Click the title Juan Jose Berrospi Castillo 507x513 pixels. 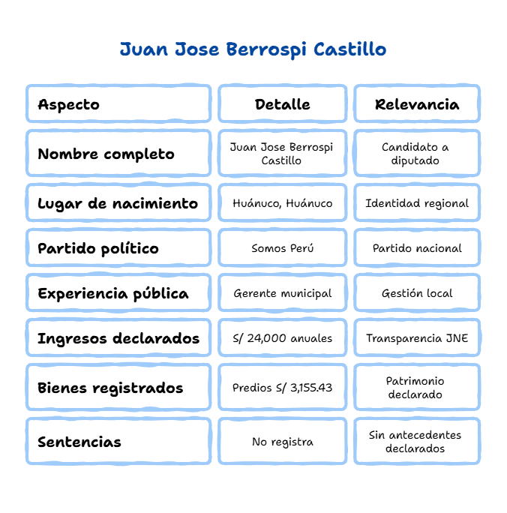(x=253, y=50)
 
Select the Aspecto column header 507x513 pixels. (x=69, y=104)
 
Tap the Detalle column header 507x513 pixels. (x=282, y=104)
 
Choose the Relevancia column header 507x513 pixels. (x=417, y=104)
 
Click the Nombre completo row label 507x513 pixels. (x=106, y=154)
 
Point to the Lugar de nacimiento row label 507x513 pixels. (x=118, y=203)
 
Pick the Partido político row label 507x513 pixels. (x=98, y=248)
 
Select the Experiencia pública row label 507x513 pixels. (x=113, y=293)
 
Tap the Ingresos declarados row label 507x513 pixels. (x=118, y=338)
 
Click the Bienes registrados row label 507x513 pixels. (x=110, y=388)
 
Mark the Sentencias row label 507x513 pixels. (x=79, y=442)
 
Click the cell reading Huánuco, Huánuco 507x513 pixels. (x=282, y=203)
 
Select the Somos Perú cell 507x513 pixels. (x=282, y=248)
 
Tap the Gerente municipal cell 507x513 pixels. (x=282, y=293)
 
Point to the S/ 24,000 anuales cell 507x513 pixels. (x=282, y=338)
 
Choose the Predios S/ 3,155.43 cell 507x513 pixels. (x=282, y=388)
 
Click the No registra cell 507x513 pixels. (x=282, y=442)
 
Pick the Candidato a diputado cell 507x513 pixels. (x=417, y=154)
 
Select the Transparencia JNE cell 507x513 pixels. (x=417, y=338)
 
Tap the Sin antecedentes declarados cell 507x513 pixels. (x=417, y=442)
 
